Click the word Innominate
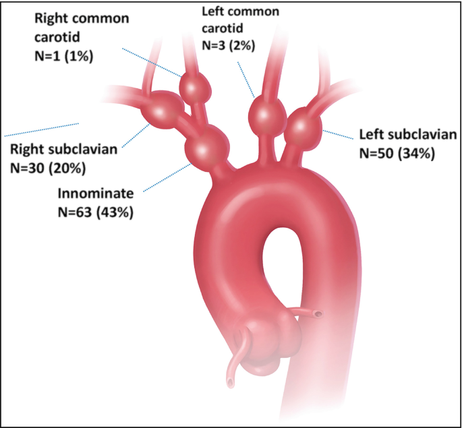95,193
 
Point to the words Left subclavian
407,134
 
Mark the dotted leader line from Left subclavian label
339,134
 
